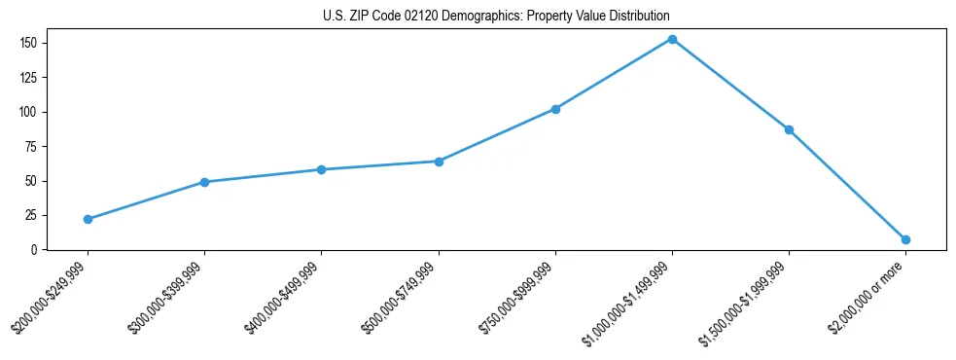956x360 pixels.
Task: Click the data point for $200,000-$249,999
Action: click(88, 219)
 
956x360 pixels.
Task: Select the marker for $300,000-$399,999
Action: click(204, 182)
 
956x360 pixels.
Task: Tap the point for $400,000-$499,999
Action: click(321, 169)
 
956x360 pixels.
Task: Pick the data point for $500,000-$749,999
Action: click(439, 162)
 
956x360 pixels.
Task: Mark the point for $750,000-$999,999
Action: click(555, 109)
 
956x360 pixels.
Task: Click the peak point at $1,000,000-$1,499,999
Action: click(672, 39)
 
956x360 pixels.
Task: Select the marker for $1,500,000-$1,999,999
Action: click(789, 129)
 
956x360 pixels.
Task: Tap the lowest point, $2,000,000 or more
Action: click(905, 239)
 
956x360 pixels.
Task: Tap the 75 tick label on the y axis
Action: click(30, 146)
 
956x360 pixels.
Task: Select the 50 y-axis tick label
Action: click(30, 181)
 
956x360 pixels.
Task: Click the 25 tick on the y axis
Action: click(30, 215)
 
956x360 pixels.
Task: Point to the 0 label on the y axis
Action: click(33, 250)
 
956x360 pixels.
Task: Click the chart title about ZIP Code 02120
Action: click(496, 16)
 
